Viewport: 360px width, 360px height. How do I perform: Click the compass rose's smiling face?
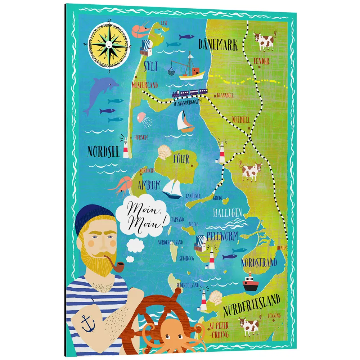coord(108,44)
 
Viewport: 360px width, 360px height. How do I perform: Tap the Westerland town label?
coord(145,85)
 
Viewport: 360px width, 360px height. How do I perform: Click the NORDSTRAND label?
coord(258,262)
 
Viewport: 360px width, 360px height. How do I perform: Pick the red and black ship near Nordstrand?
coord(251,284)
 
